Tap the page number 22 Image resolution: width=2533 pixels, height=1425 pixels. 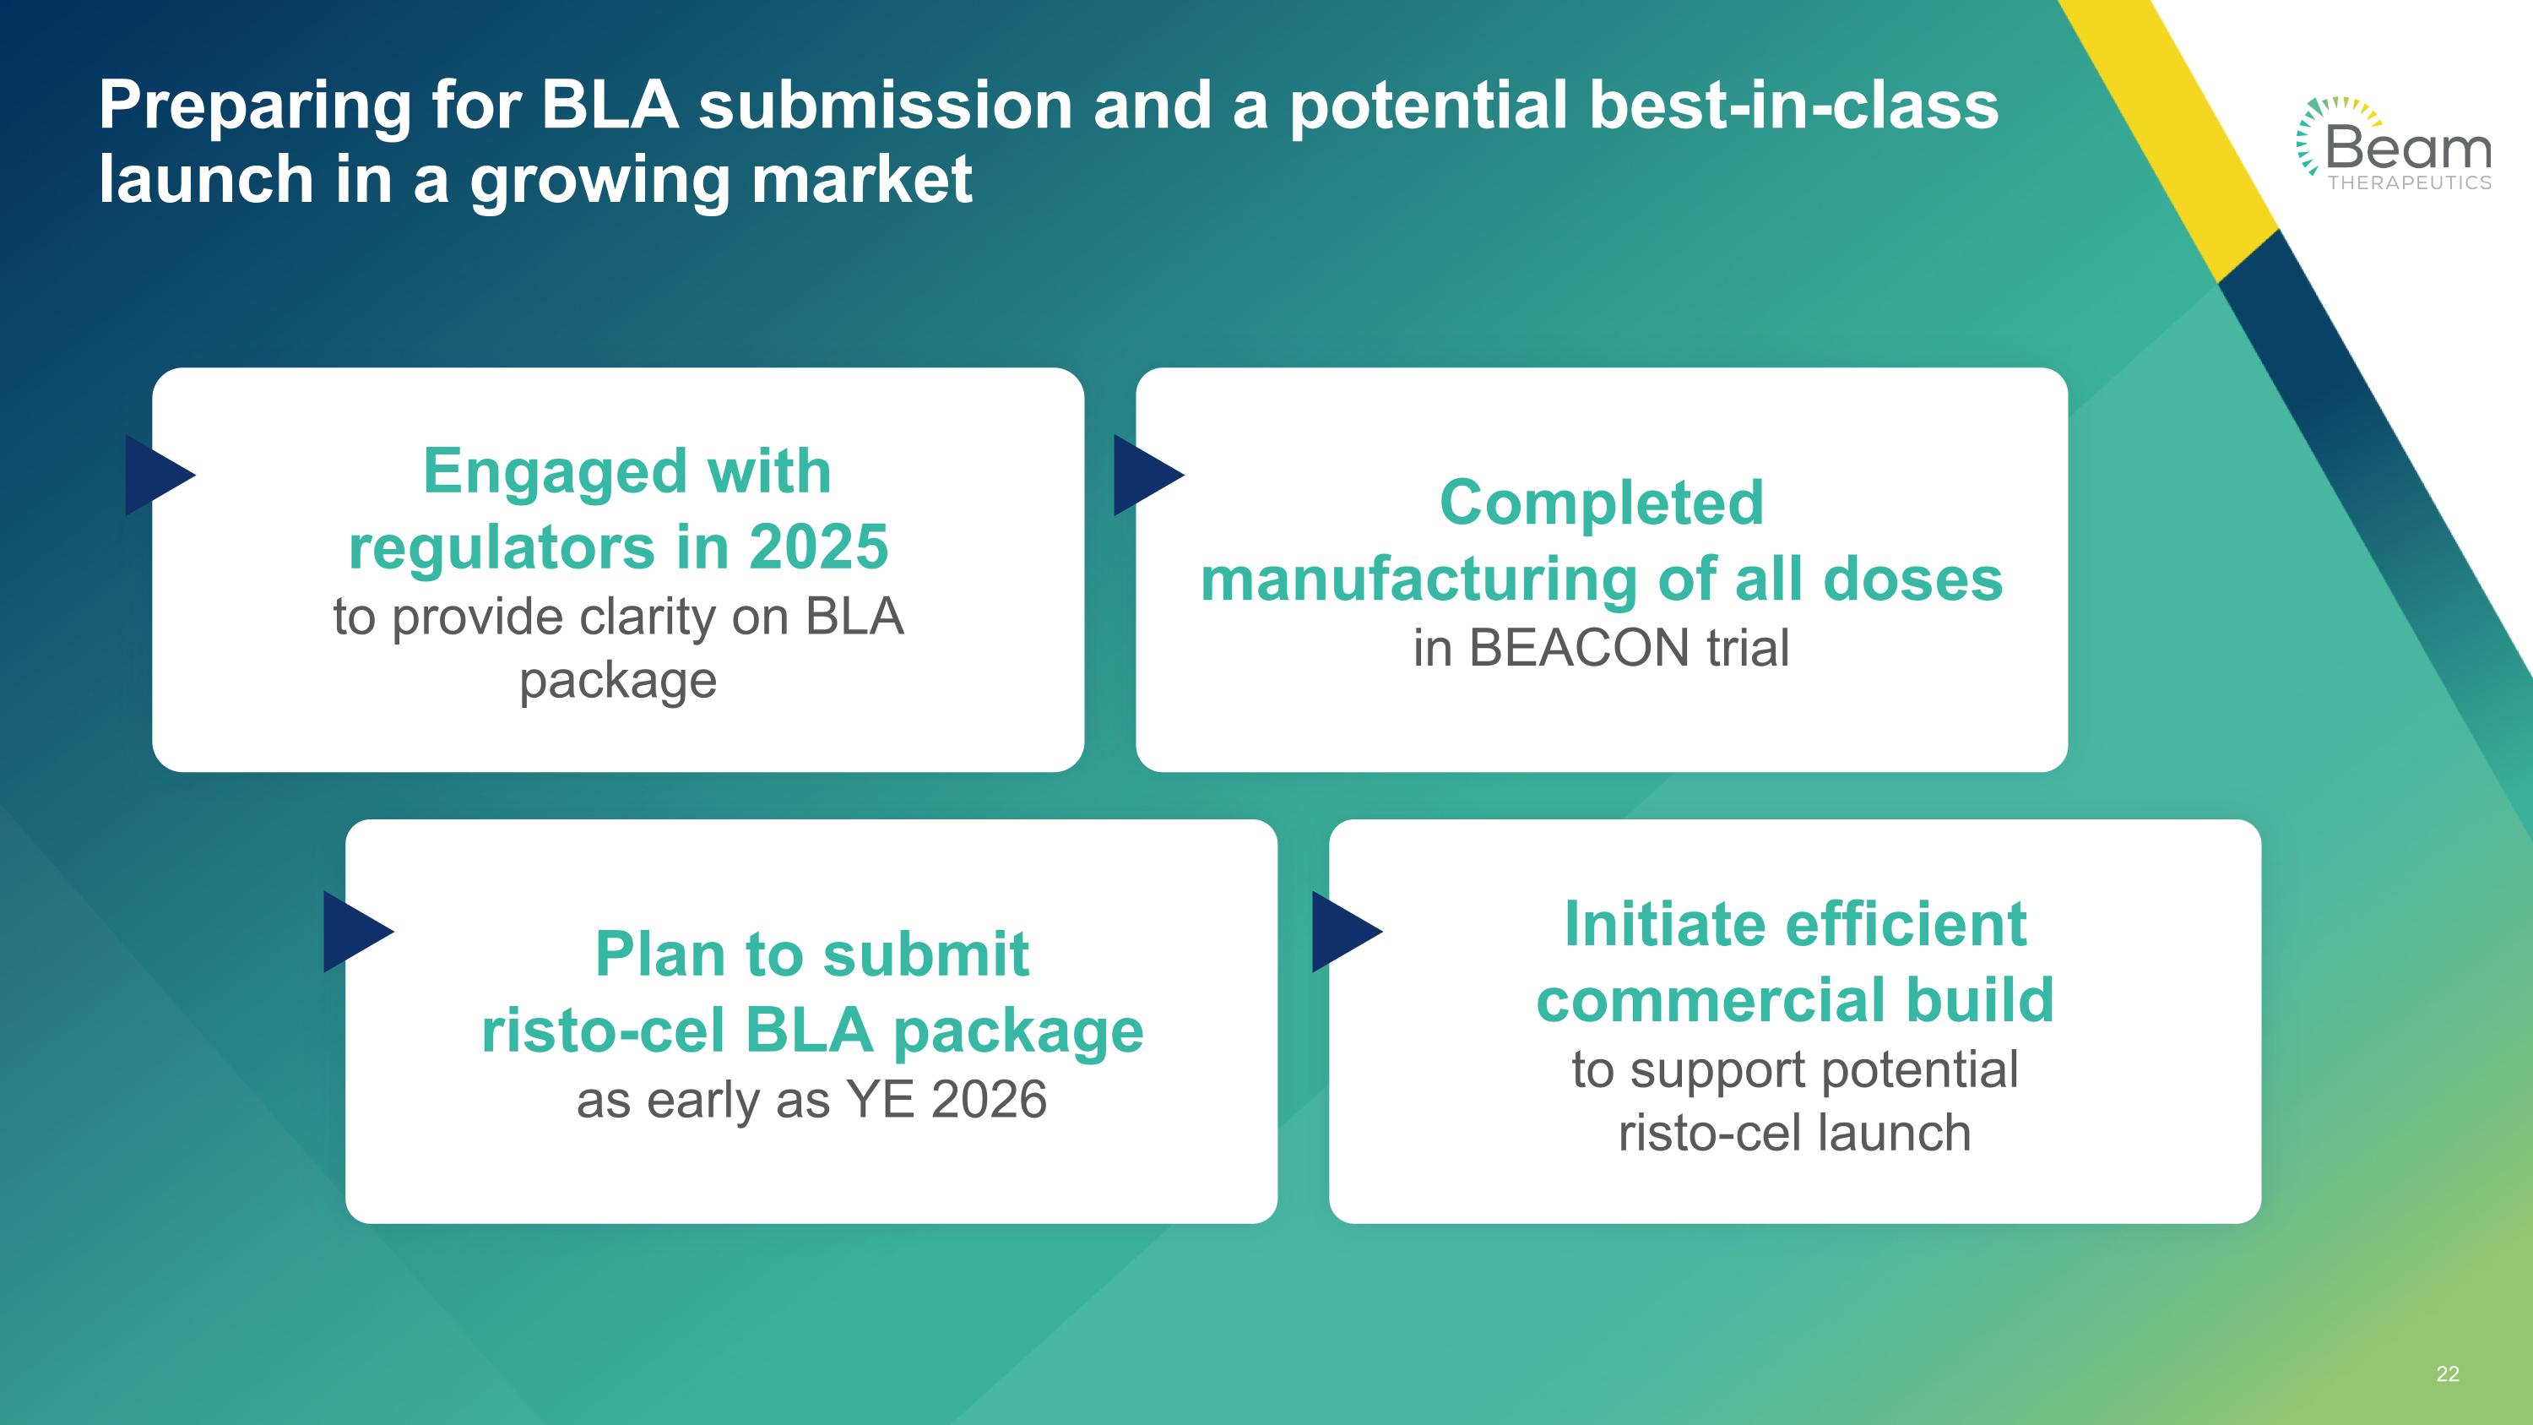tap(2448, 1373)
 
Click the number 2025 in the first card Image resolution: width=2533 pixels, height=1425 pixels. tap(818, 547)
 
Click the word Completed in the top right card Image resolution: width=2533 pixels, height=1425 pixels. tap(1602, 503)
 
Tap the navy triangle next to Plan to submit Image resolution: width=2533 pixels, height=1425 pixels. tap(355, 932)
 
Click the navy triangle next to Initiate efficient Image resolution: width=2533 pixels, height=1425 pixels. tap(1343, 932)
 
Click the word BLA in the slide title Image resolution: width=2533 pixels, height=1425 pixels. tap(610, 106)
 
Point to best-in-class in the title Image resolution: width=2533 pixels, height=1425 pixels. tap(1793, 106)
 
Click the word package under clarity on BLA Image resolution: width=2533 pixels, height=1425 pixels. tap(617, 681)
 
